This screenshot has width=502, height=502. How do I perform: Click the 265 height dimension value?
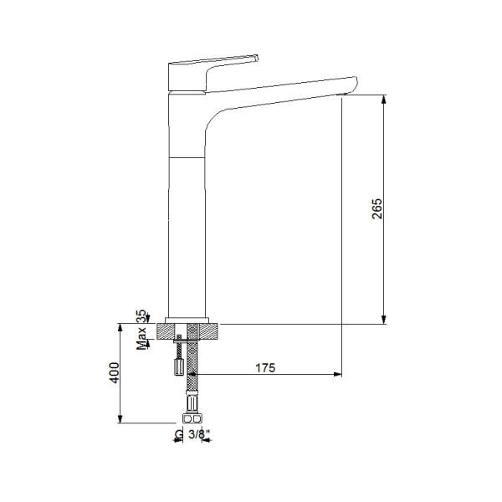[x=376, y=209]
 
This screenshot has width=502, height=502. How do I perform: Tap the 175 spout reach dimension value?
[x=265, y=368]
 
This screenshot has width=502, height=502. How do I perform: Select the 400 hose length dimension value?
[x=122, y=373]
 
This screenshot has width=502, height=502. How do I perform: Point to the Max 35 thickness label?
[x=141, y=328]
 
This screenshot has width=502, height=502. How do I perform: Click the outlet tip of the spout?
[x=350, y=88]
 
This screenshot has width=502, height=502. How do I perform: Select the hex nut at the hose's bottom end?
[x=192, y=419]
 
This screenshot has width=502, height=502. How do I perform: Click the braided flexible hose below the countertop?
[x=193, y=376]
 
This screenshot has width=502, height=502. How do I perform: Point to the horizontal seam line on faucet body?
[x=187, y=156]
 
